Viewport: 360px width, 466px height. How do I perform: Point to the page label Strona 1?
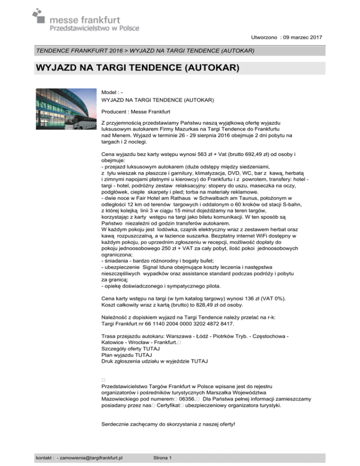164,457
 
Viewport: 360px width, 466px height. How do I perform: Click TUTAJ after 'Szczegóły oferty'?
150,349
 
